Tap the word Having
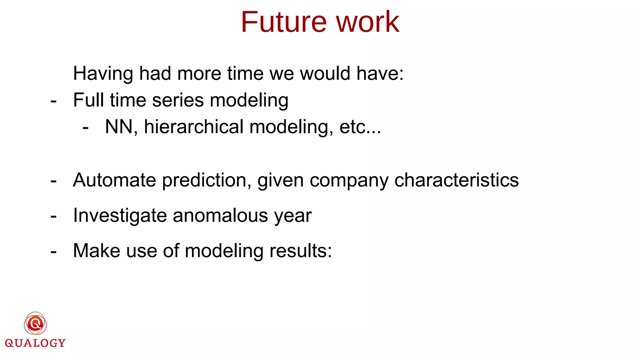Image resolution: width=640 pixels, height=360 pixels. click(103, 74)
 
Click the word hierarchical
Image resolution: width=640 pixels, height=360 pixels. click(193, 127)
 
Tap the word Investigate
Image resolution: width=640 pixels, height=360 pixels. click(120, 216)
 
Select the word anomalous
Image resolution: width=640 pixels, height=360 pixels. click(220, 216)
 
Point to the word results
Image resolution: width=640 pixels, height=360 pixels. click(300, 251)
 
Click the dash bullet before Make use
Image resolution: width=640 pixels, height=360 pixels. click(53, 252)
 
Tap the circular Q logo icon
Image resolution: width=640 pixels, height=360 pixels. click(35, 323)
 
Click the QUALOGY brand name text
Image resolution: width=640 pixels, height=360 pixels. click(35, 343)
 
